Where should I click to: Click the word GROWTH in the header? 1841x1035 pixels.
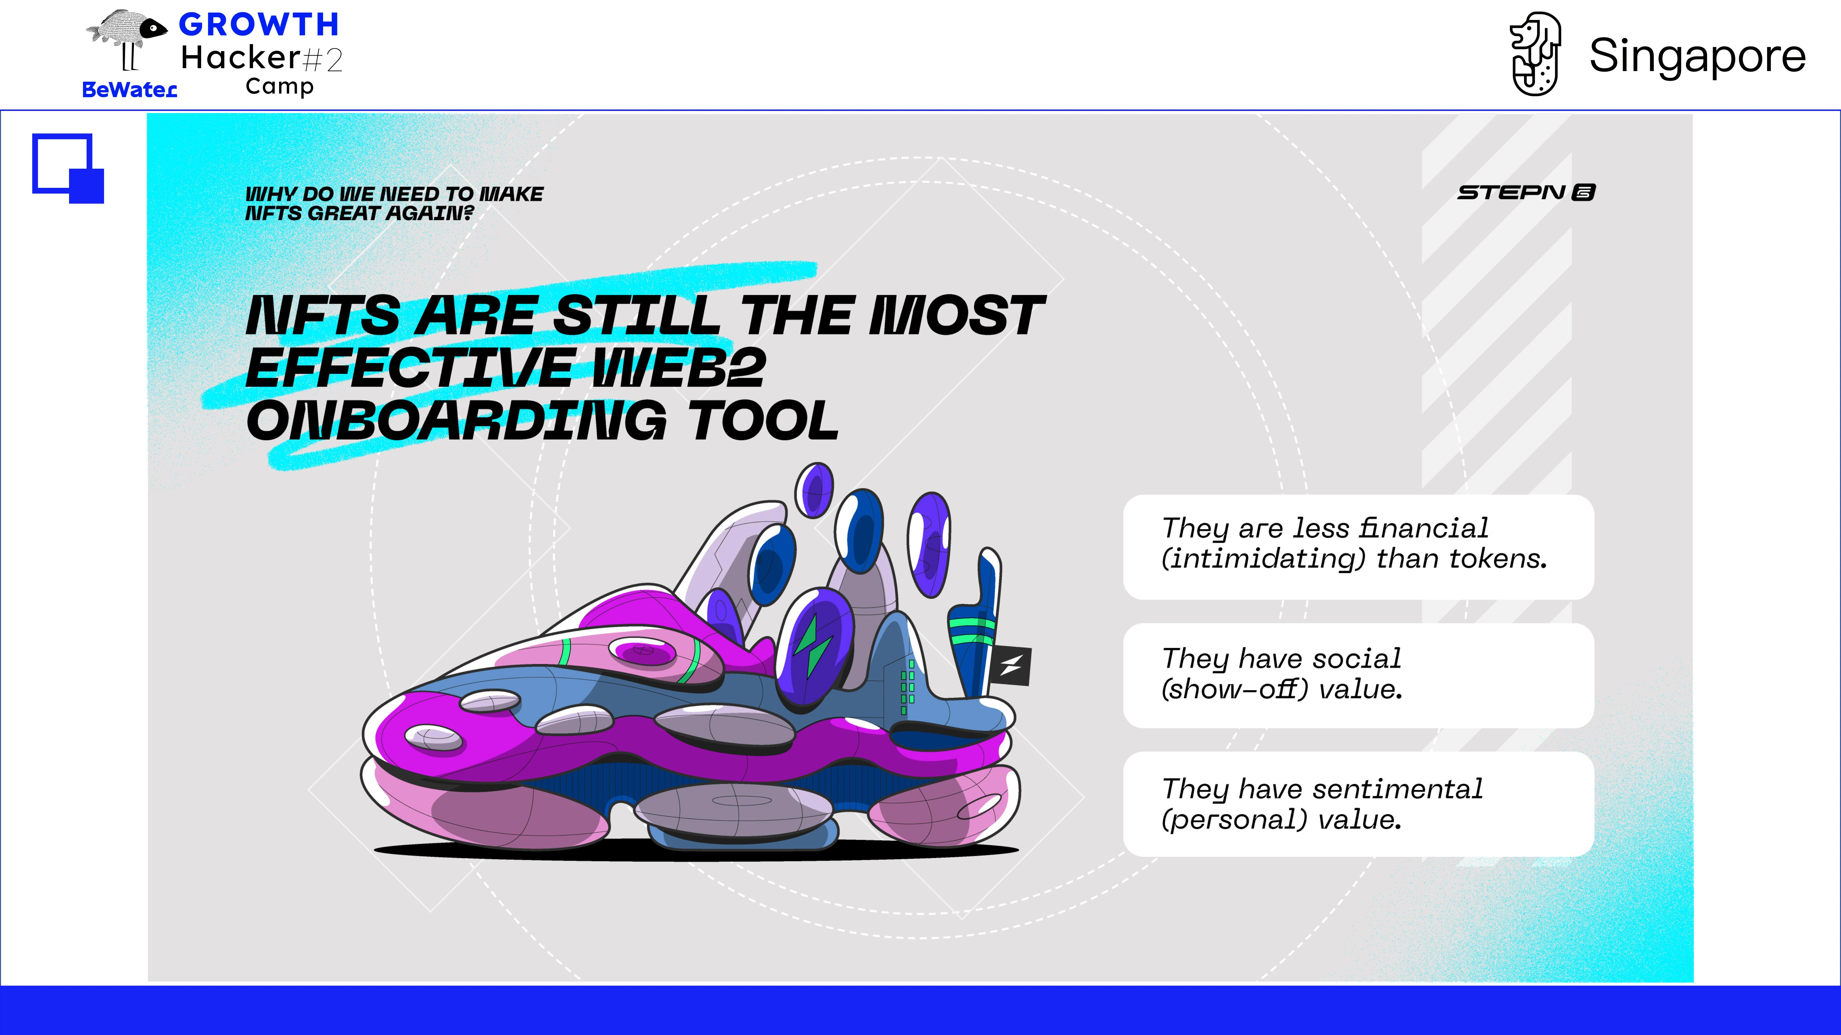click(259, 25)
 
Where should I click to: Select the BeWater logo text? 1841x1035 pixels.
click(129, 90)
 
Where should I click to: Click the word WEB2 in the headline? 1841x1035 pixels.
click(679, 368)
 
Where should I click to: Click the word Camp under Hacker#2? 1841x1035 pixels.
click(280, 87)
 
